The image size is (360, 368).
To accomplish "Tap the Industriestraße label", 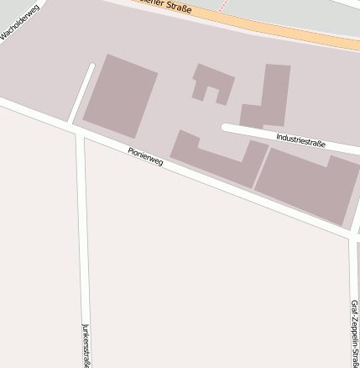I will point(300,139).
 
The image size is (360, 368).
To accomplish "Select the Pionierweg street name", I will point(145,156).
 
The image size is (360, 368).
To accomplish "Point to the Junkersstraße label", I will point(86,344).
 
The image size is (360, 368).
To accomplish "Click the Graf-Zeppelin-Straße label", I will point(354,332).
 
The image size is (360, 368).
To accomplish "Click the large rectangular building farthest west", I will point(120,95).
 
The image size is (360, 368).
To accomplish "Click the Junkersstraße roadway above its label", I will point(83,235).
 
